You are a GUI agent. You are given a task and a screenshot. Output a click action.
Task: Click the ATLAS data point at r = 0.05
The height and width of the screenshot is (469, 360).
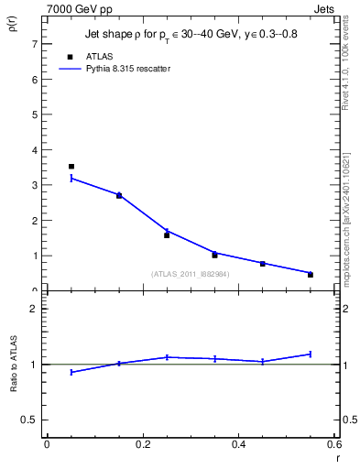[71, 167]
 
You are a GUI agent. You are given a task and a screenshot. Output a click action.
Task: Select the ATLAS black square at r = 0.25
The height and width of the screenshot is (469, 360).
[167, 235]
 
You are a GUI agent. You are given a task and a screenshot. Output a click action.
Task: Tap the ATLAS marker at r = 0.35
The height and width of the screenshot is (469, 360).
[214, 255]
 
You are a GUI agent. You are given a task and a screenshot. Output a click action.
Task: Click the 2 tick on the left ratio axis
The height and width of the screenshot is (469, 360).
[33, 309]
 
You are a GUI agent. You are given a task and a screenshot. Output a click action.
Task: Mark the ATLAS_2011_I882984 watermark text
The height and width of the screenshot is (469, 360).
[191, 273]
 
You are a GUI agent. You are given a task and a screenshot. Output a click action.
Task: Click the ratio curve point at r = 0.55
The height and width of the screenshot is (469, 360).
[311, 354]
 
